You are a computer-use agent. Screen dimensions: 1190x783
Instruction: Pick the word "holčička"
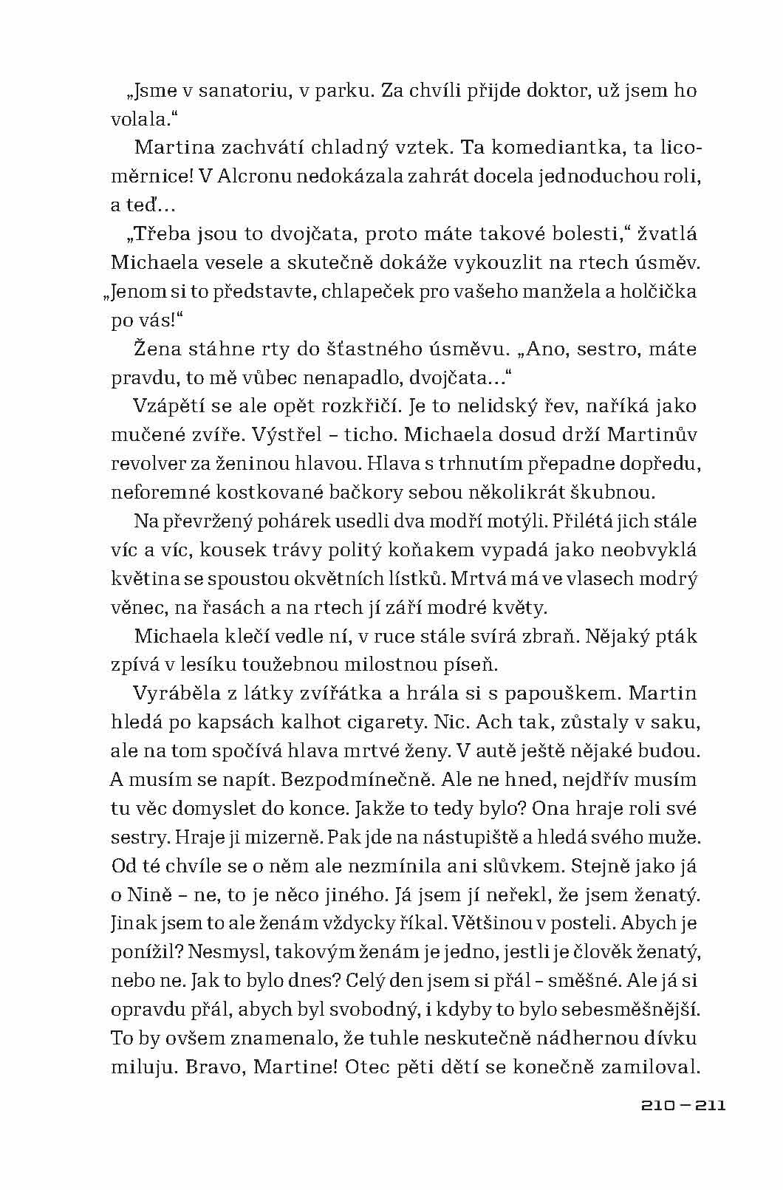[655, 291]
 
